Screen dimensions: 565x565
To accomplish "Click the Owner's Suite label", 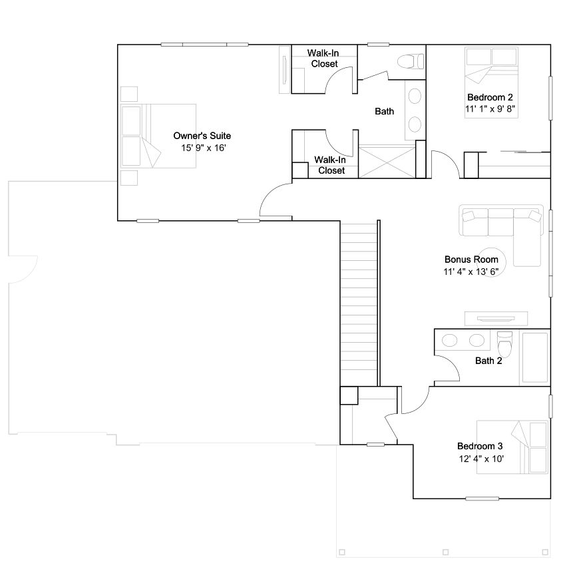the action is (202, 136).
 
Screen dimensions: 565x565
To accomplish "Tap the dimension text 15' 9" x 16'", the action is (203, 148).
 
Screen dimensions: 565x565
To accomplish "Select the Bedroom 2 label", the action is (490, 97).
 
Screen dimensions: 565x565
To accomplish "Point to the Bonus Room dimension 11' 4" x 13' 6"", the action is (471, 272).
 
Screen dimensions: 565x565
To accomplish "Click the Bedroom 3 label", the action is (480, 446).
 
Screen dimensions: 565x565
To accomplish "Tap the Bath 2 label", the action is (488, 361).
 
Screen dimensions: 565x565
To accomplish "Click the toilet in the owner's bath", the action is (411, 61).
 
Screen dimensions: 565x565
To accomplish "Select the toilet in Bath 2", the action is (504, 344).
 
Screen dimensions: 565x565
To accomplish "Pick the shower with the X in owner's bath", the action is (387, 162).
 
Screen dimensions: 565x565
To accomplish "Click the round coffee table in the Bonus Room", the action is (492, 262).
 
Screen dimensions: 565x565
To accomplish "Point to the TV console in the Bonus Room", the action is (496, 319).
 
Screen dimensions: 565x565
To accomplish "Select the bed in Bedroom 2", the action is (492, 82).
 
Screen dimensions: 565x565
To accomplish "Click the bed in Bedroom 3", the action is (512, 447).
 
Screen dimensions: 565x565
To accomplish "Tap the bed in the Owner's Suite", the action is (158, 136).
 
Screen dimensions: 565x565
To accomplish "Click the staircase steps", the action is (359, 305).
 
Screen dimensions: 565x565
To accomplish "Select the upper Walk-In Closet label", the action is (323, 59).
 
